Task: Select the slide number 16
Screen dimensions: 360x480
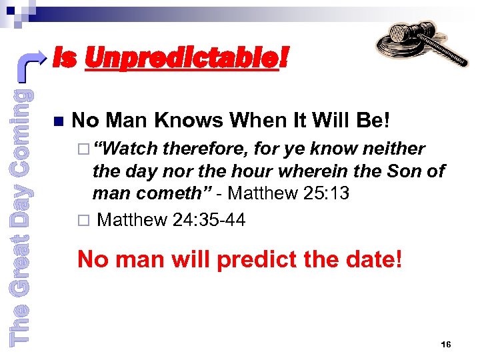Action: click(446, 344)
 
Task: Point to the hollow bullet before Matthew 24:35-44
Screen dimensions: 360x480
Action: click(83, 220)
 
